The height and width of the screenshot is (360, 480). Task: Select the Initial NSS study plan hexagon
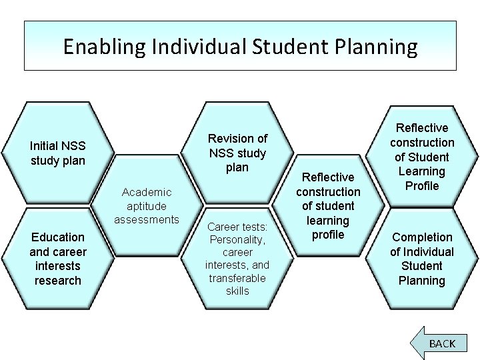coord(58,153)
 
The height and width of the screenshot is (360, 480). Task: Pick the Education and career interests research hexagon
coord(57,259)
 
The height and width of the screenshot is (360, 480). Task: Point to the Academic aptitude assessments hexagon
coord(147,205)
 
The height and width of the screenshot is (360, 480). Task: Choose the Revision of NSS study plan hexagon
coord(237,153)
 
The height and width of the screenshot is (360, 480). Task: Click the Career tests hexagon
coord(237,259)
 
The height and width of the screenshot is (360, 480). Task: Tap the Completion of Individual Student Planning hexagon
coord(421,259)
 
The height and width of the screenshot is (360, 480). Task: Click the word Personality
coord(237,239)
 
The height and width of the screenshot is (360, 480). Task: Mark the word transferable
coord(237,278)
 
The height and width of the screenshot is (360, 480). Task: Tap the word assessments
coord(147,219)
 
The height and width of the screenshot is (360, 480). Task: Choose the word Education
coord(58,237)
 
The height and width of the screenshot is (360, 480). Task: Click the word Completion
coord(422,237)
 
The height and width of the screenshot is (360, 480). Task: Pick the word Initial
coord(45,146)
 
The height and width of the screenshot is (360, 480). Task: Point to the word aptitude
coord(147,206)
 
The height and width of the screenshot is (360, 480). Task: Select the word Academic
coord(147,192)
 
